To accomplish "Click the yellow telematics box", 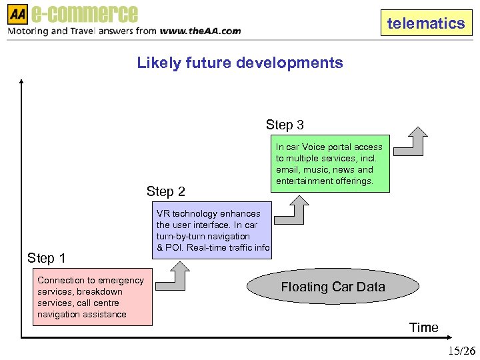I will point(426,23).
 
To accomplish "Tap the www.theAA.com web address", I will point(200,31).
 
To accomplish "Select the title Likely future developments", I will point(240,63).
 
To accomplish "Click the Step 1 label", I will point(46,258).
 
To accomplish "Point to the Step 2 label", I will point(165,191).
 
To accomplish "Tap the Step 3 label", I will point(285,125).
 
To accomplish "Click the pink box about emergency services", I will point(93,297).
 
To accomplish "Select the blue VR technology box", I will point(213,231).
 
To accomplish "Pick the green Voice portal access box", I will point(330,164).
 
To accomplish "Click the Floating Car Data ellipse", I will point(333,287).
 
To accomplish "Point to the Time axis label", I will point(424,327).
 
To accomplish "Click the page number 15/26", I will point(461,351).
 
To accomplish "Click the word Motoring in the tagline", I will point(29,31).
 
